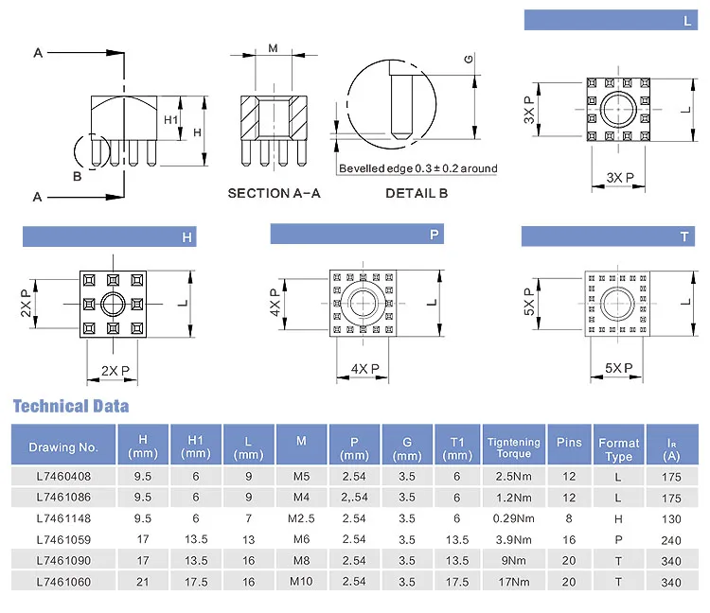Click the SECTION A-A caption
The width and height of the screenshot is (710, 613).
pos(274,193)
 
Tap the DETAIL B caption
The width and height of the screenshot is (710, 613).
pos(417,193)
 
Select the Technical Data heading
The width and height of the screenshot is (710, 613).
pos(71,406)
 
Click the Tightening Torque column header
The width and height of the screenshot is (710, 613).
pos(513,447)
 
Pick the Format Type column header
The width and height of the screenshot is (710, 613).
pos(618,449)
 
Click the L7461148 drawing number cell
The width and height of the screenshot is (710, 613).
pos(63,518)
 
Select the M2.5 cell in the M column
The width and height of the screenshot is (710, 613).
pos(301,518)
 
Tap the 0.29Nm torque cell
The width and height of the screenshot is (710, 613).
pos(513,518)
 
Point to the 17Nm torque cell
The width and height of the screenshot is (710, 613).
pos(513,582)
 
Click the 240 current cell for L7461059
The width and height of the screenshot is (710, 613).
pos(671,540)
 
